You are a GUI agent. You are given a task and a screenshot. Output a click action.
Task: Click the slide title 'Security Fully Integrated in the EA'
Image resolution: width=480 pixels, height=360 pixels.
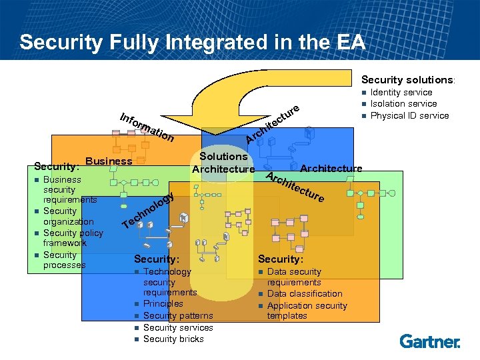tap(193, 42)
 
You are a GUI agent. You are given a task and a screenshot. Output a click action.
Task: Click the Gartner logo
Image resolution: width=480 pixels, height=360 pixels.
tap(430, 341)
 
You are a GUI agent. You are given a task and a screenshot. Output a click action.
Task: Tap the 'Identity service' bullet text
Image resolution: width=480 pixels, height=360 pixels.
tap(401, 92)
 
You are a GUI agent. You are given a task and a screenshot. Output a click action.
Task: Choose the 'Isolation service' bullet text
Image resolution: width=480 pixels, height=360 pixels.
tap(403, 103)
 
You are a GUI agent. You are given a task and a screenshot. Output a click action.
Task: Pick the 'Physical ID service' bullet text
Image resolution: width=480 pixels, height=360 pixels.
tap(409, 115)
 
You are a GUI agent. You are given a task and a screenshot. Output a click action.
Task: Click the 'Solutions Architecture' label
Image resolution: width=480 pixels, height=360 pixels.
tap(223, 163)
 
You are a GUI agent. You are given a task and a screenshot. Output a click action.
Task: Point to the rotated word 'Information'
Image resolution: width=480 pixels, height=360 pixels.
tap(147, 127)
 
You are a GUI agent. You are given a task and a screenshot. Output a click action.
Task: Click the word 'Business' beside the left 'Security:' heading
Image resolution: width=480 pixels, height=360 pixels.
tap(109, 161)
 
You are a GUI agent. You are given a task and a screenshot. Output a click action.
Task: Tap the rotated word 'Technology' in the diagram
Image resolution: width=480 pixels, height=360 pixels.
tap(149, 210)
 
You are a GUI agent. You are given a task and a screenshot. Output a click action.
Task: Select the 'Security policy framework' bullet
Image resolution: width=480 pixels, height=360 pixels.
tap(73, 238)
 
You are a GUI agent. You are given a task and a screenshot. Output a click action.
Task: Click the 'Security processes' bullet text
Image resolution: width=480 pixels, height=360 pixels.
tap(64, 260)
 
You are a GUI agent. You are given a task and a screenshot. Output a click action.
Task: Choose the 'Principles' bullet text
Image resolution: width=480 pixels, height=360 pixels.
tap(163, 303)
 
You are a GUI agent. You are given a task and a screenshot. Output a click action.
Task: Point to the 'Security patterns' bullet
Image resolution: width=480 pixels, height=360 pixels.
tap(178, 315)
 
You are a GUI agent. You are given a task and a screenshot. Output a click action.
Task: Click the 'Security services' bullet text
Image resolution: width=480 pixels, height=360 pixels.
tap(178, 327)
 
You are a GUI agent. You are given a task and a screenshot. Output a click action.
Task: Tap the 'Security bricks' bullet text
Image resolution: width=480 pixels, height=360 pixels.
tap(173, 339)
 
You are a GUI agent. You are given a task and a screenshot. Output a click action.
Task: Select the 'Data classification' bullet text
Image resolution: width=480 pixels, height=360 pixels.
tap(305, 293)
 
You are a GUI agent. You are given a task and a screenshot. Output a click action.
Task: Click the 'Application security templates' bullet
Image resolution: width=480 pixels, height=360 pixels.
tap(307, 311)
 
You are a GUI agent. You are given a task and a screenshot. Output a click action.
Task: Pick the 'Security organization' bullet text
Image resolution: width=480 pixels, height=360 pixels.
tap(68, 216)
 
